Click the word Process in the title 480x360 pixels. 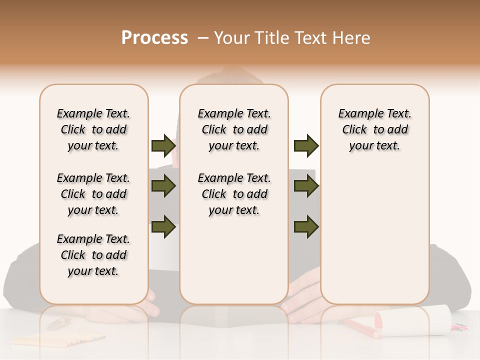click(x=154, y=38)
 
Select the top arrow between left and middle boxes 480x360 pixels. click(x=163, y=146)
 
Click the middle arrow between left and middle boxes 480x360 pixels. click(x=163, y=186)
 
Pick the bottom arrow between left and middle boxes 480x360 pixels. click(x=163, y=226)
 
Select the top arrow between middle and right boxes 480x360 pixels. click(x=306, y=146)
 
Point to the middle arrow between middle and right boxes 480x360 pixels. click(x=306, y=186)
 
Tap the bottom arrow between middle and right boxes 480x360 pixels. click(x=306, y=226)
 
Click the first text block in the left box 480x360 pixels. click(x=93, y=129)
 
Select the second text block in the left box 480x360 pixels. click(x=93, y=194)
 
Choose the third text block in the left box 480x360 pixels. click(x=93, y=255)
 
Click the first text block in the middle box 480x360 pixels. click(x=234, y=129)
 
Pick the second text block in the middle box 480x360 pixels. click(x=234, y=194)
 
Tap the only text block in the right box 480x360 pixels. click(x=375, y=129)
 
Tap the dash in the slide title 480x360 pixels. click(x=203, y=38)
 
